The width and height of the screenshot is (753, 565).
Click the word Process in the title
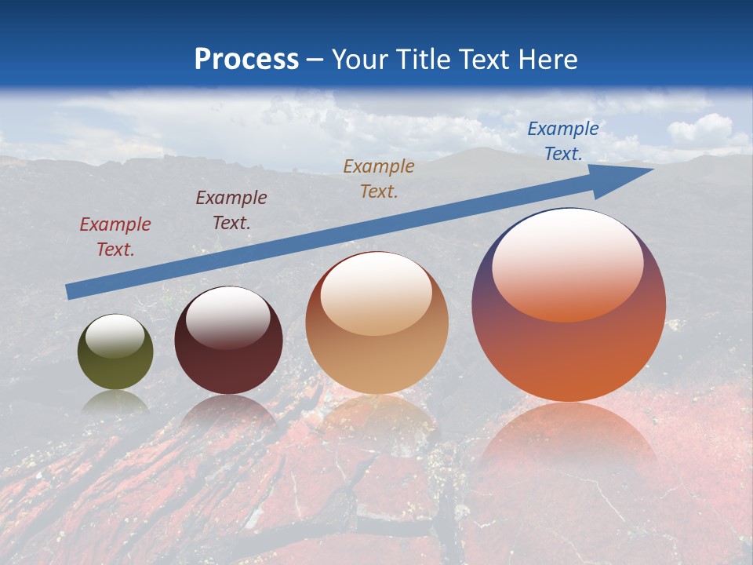pos(246,60)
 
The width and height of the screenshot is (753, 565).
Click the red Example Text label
pos(115,237)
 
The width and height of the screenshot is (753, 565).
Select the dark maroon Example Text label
pos(231,210)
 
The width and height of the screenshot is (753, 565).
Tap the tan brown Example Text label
pos(379,179)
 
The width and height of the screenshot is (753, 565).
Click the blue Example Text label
pos(562,141)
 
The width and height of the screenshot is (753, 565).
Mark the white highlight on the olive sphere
pos(115,337)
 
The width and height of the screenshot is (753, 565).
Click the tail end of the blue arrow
pos(72,291)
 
